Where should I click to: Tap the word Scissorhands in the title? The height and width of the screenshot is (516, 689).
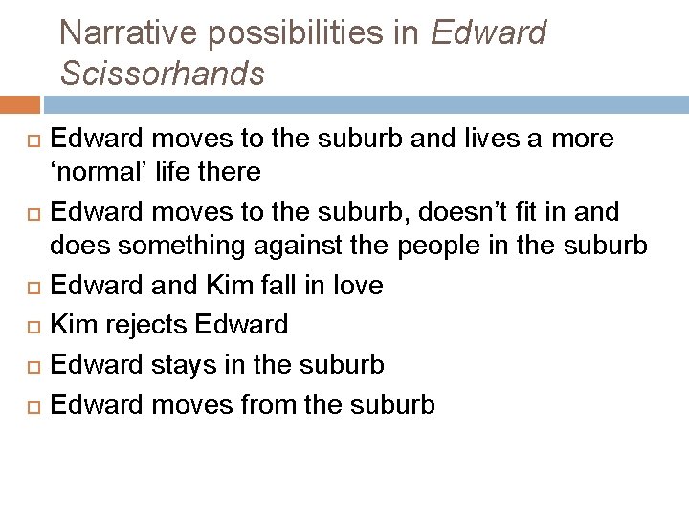(162, 74)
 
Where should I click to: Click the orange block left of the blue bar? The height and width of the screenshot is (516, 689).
(20, 104)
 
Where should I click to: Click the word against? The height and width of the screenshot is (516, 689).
(293, 246)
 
